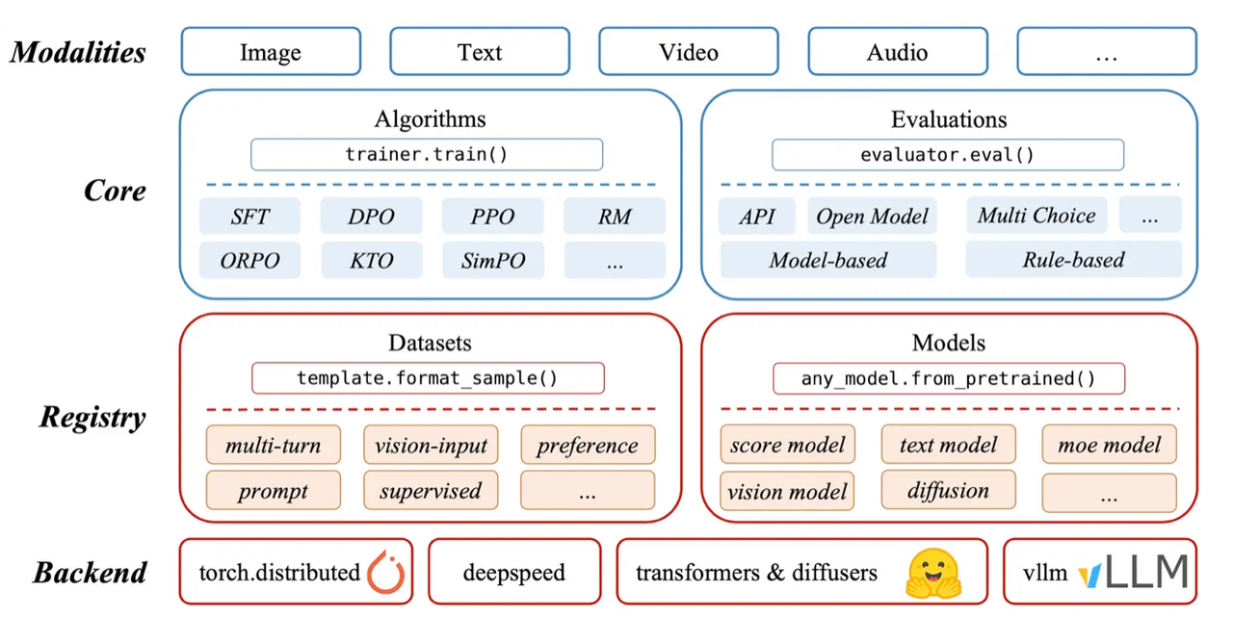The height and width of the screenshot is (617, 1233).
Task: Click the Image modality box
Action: tap(271, 51)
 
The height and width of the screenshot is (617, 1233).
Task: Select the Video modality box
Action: tap(688, 51)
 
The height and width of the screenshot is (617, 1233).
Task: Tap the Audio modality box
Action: tap(897, 51)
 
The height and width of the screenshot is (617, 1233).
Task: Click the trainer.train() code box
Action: tap(427, 155)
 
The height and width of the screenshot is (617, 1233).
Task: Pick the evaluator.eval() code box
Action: tap(948, 155)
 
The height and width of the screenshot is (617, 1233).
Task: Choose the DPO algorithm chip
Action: tap(371, 217)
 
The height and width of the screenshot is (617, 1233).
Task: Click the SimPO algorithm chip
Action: tap(492, 260)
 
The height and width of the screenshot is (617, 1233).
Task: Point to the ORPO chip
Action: tap(249, 260)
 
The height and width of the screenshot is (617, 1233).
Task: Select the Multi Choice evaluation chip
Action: tap(1036, 216)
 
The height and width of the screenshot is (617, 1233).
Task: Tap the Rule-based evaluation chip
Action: tap(1073, 260)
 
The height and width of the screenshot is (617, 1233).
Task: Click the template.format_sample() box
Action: tap(428, 378)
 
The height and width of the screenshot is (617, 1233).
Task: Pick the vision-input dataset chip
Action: tap(431, 446)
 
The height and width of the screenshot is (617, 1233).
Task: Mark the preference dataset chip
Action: tap(587, 446)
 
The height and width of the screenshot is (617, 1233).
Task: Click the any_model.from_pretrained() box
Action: tap(949, 378)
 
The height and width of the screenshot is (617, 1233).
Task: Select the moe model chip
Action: tap(1109, 445)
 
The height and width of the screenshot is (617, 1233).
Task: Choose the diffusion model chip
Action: tap(948, 490)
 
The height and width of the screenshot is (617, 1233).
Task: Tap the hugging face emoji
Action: tap(931, 573)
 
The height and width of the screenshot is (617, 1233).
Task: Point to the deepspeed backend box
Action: tap(513, 574)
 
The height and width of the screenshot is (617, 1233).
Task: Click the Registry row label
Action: tap(92, 418)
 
